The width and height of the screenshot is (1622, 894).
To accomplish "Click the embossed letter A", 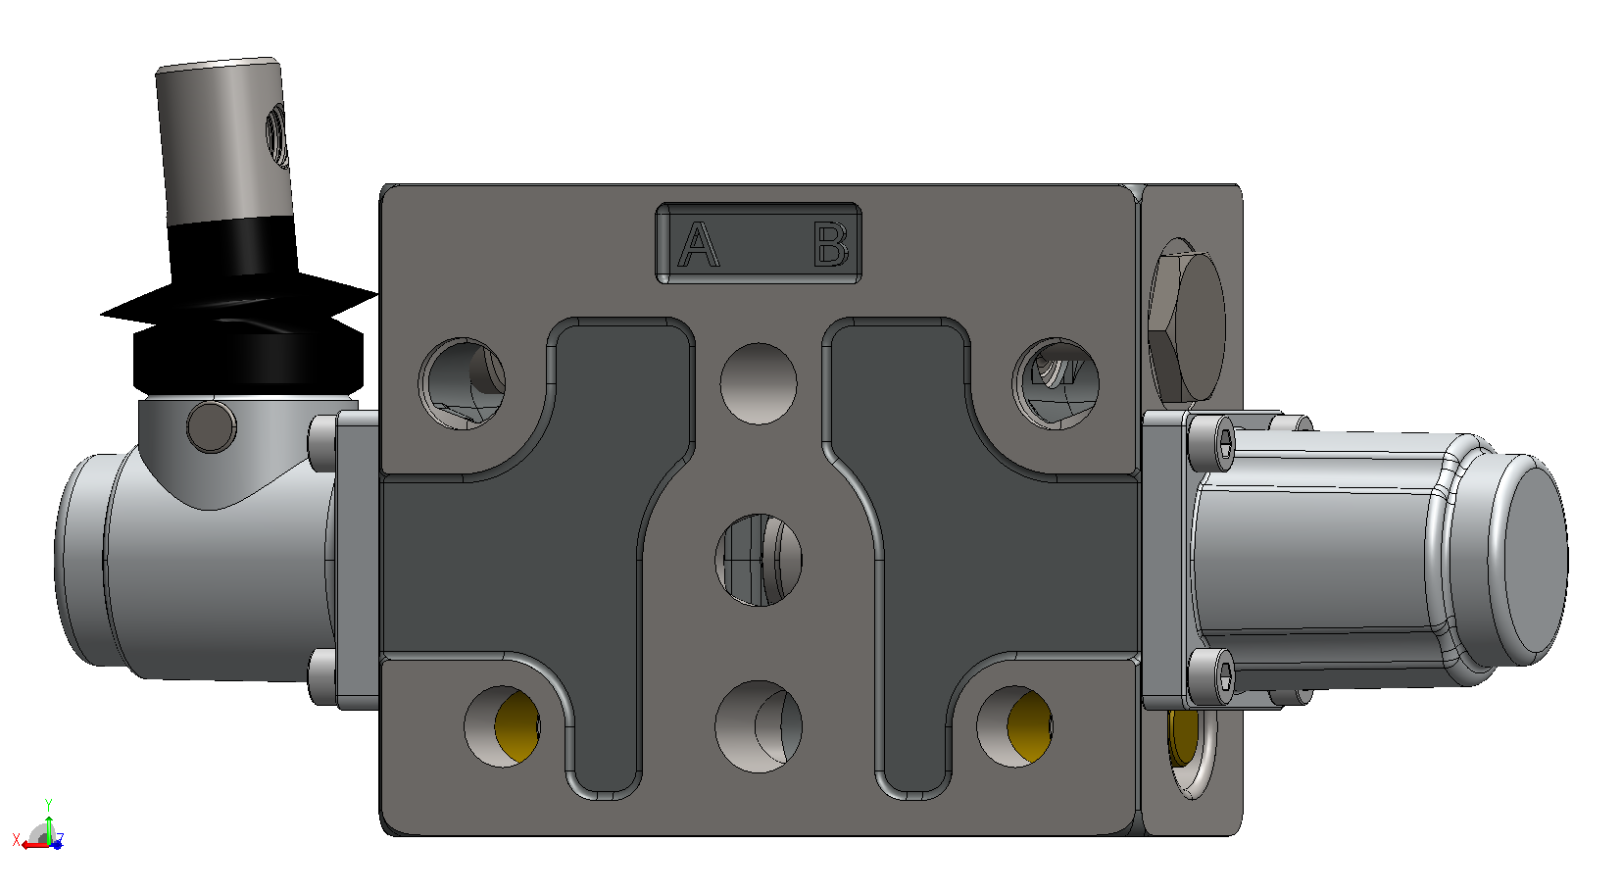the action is (698, 245).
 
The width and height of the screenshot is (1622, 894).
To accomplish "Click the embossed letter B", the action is (830, 244).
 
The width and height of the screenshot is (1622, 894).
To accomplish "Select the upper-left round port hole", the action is (462, 383).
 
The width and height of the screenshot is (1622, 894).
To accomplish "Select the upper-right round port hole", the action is (1055, 383).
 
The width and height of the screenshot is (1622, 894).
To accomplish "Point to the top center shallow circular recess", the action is (759, 383).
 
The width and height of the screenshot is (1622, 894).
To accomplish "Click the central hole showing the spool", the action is (759, 560).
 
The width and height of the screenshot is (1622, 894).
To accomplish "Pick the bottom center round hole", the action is (759, 726).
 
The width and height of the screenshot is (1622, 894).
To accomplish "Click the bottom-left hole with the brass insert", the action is (503, 726).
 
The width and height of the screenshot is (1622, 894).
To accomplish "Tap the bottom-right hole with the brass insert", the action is (1014, 726).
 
